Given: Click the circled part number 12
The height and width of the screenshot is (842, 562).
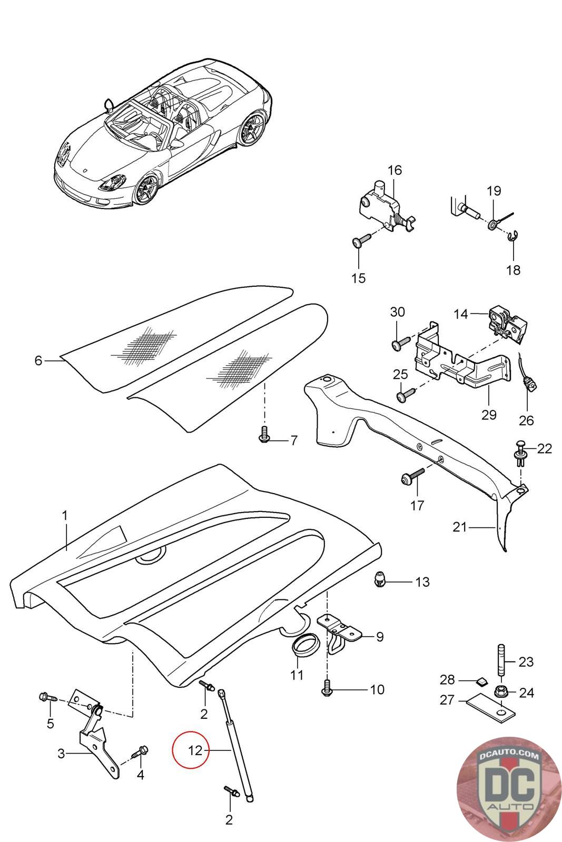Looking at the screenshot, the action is (x=195, y=750).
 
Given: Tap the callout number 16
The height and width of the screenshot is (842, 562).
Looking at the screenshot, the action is (x=395, y=171).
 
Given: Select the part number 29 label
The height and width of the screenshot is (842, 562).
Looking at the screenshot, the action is (x=489, y=415).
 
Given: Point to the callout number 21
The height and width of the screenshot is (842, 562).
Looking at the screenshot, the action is (x=460, y=527).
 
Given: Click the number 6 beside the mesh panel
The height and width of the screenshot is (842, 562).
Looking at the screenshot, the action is (x=38, y=360).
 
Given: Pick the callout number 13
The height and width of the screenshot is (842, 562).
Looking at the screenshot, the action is (x=422, y=582).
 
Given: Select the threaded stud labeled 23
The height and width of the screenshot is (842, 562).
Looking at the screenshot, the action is (x=502, y=660).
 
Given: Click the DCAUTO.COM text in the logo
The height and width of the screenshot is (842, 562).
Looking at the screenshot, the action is (x=509, y=755).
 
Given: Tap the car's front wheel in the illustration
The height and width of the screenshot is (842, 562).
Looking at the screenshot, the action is (x=146, y=189).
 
